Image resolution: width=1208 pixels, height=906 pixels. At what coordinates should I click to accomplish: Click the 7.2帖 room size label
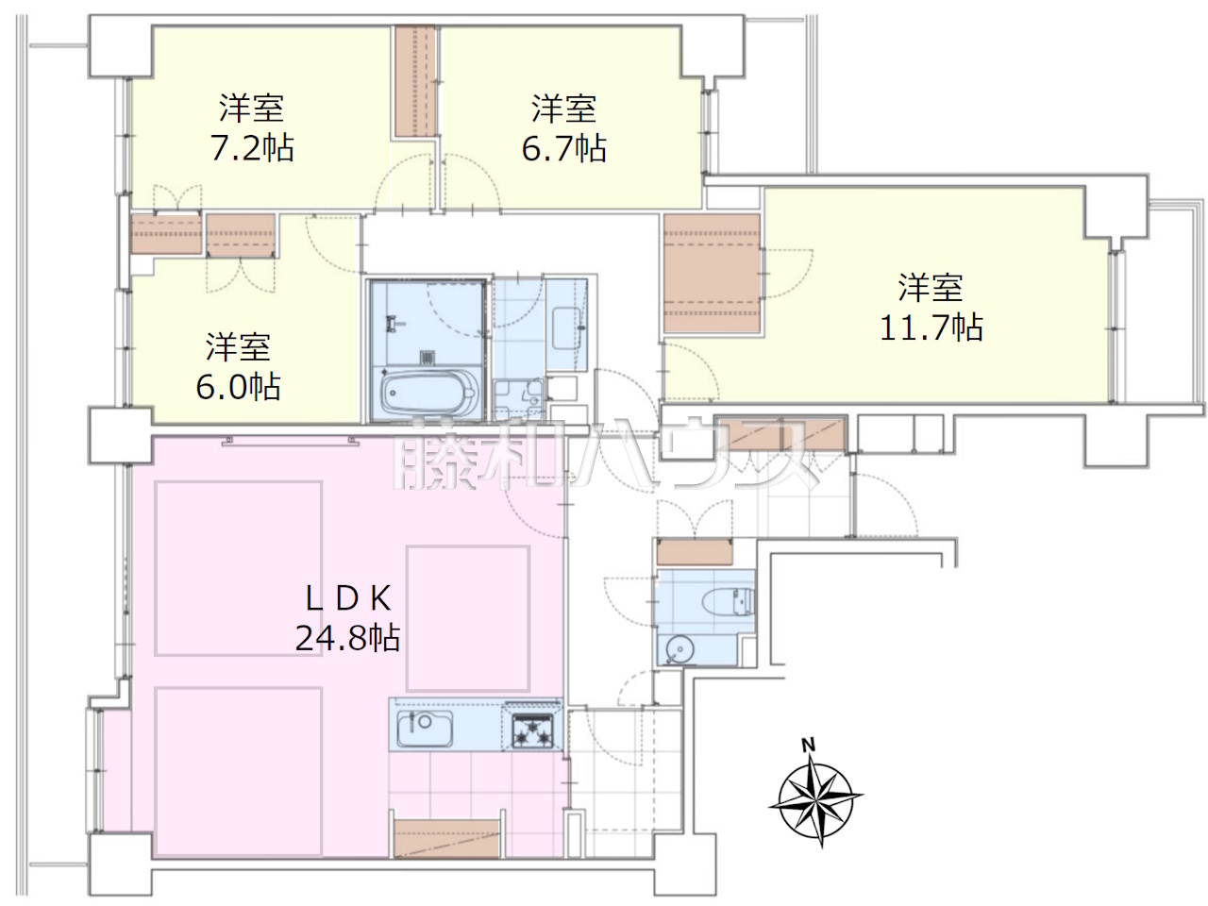[252, 148]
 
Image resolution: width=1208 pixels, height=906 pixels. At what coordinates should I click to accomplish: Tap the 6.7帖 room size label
[563, 148]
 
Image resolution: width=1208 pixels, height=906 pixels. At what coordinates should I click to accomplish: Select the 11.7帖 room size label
[931, 327]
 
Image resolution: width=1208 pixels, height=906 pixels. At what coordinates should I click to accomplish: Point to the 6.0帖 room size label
[239, 387]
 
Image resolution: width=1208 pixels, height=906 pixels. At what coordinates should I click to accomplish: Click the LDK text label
[348, 598]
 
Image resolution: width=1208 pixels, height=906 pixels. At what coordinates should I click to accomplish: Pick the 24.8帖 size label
[348, 638]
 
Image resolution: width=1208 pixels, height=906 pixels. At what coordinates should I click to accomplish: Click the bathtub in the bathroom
[428, 393]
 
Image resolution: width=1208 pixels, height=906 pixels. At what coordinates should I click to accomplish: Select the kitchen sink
[425, 729]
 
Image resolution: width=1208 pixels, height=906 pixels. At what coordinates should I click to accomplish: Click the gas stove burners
[531, 730]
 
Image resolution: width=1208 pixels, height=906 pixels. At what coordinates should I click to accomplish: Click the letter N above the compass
[808, 746]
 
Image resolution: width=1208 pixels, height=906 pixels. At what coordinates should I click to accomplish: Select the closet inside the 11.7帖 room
[713, 273]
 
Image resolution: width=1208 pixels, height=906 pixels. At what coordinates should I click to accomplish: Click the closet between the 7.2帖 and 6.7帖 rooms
[415, 81]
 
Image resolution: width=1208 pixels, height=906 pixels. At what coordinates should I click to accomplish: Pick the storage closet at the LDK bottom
[447, 839]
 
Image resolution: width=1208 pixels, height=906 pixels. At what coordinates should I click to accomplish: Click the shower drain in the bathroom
[428, 357]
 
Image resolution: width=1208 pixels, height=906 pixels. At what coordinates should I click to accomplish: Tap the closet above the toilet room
[695, 552]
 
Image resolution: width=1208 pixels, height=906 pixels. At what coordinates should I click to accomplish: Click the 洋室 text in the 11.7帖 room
[931, 287]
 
